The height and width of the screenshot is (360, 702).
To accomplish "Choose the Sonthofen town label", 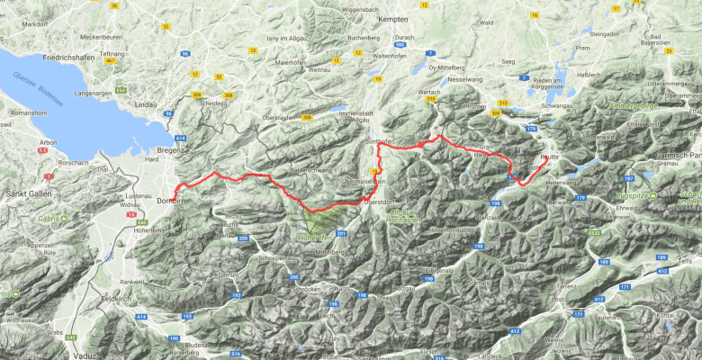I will pos(381,142).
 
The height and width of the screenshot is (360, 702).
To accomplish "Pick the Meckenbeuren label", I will pos(100,37).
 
